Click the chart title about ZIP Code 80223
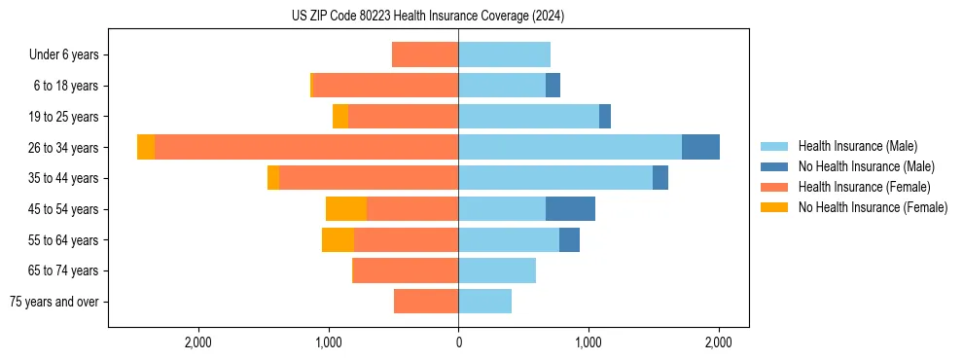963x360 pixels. click(428, 17)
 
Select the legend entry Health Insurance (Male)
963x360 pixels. click(857, 146)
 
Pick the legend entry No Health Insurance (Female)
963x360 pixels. click(873, 207)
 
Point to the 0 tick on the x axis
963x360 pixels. click(458, 343)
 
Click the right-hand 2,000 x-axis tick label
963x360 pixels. click(718, 343)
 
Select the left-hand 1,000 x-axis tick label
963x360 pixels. click(328, 343)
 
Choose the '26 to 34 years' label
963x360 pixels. click(63, 147)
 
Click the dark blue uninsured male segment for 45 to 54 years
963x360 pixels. click(570, 208)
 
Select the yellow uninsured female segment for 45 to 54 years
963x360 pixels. click(345, 208)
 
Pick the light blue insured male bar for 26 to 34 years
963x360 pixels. click(570, 147)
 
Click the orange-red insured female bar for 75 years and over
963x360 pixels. click(426, 302)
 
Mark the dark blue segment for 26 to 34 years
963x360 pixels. click(700, 147)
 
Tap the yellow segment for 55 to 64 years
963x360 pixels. click(338, 239)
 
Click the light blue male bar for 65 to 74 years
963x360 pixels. click(497, 270)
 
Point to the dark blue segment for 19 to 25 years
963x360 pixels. click(605, 116)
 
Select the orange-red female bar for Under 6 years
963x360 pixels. click(425, 54)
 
